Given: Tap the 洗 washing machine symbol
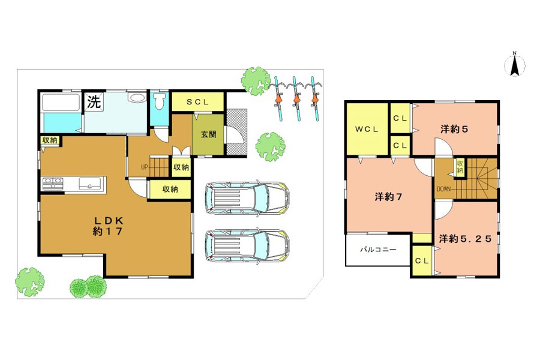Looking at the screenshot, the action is point(94,101).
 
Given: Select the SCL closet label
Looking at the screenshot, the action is point(197,101).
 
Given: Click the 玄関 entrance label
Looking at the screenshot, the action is point(208,134).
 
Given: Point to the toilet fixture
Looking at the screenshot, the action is point(160,101).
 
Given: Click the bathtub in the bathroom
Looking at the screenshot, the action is point(61,103).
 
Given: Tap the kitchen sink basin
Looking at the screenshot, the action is point(89,183).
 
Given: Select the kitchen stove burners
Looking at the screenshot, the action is point(53,183).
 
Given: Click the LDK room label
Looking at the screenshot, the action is point(108,226).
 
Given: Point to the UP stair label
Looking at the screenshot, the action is point(144,167).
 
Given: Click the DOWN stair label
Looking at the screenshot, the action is point(443,189).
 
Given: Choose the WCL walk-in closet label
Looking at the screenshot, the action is point(367,130).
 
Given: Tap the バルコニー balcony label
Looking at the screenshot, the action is point(378,250).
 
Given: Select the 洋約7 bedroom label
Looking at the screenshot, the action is point(388,197).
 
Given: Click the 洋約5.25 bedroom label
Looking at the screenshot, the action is point(465,238).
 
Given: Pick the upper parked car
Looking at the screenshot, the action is point(247,198).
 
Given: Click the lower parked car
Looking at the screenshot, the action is point(247,245).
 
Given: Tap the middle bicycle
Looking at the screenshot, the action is point(296,98).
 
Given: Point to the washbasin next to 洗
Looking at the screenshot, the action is point(137,97).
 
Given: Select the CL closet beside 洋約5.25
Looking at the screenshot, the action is point(422,261).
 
